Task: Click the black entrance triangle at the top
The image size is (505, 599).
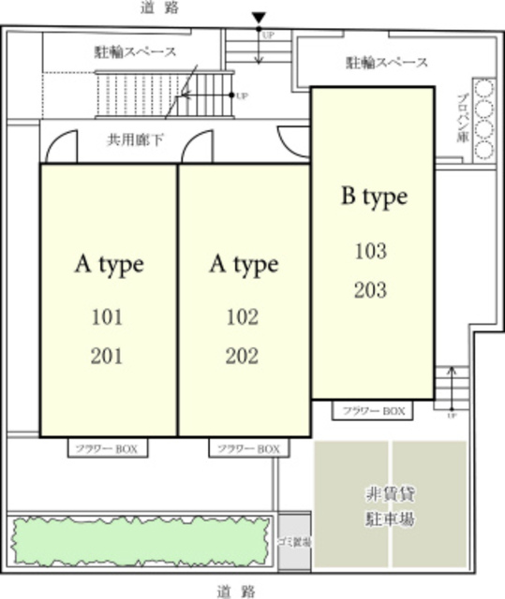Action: point(260,16)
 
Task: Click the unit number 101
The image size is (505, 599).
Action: point(108,316)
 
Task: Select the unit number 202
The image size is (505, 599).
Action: point(242,356)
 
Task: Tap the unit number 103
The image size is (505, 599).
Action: point(370,251)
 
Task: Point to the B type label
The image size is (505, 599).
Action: point(373,197)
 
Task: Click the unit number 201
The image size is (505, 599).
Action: point(108,356)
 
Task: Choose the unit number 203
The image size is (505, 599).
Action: point(370,290)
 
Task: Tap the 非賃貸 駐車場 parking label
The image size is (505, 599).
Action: point(390,506)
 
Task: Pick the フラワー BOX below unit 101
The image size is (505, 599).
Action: point(108,449)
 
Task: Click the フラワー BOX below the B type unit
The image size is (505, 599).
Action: point(372,411)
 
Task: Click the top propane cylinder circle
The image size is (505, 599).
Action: point(484,90)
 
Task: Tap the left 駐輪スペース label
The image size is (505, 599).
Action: point(137,52)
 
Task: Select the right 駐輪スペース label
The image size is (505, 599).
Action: point(386,63)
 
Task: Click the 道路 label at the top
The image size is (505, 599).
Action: point(157,8)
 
